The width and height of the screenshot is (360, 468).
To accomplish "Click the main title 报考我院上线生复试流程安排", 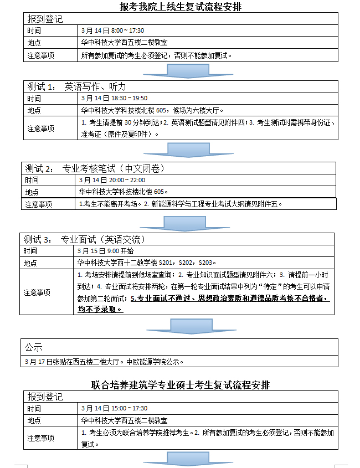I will (x=181, y=7).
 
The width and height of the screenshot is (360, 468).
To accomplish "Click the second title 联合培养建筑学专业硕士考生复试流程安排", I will (x=181, y=385).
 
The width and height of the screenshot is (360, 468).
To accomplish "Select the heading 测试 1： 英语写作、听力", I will (x=77, y=86).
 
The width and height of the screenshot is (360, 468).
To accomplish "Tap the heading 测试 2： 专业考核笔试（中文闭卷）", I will (x=95, y=168).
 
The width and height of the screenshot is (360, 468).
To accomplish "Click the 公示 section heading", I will (x=33, y=347).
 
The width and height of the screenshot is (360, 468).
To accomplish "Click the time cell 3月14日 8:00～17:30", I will (x=112, y=30).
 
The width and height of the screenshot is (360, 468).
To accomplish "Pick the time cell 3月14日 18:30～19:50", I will (x=114, y=99).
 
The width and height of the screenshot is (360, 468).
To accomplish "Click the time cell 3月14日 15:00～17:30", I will (x=114, y=408).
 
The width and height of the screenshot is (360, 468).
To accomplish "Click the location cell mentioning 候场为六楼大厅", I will (x=152, y=110).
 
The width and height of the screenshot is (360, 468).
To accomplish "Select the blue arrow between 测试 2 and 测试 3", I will (x=173, y=222).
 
